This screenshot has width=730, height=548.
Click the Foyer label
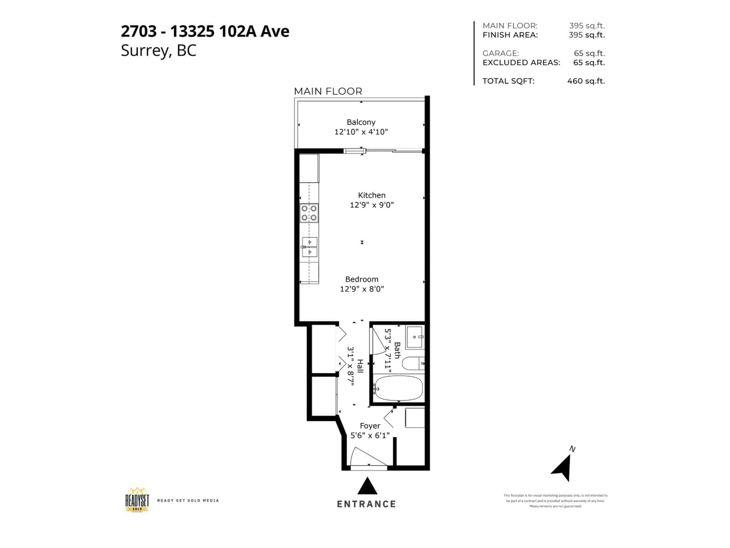pos(370,426)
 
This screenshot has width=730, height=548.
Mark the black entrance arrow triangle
pos(367,486)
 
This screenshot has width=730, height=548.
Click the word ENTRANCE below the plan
pos(366,504)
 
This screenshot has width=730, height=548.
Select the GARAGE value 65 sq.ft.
pos(589,53)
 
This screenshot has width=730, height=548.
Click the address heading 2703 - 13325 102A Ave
pos(205,31)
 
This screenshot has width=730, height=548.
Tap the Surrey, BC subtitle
pos(158,51)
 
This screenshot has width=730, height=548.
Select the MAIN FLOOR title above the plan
pos(328,91)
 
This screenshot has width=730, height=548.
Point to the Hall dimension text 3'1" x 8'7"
pos(351,366)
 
